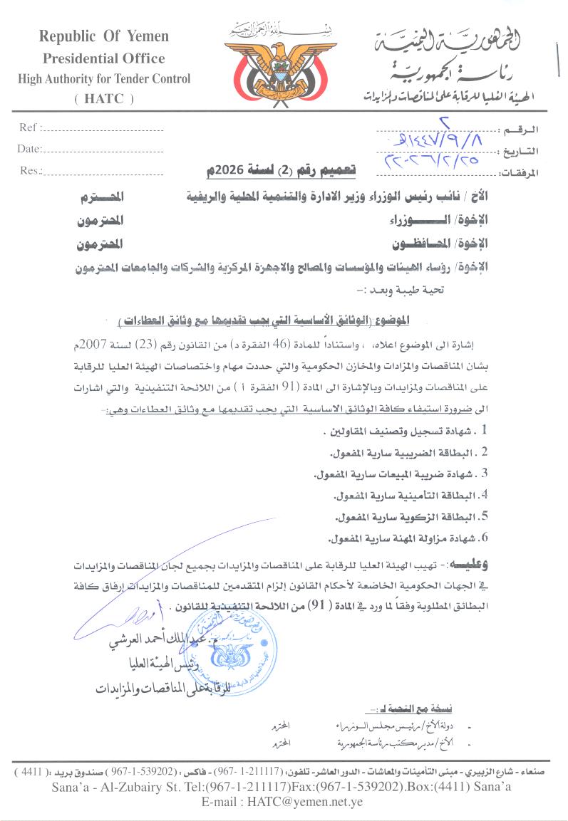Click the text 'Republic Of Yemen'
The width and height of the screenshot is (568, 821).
coord(104,36)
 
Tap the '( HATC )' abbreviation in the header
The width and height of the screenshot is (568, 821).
coord(104,100)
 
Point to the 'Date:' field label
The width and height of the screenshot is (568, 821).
coord(29,149)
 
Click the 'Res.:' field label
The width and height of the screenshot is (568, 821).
coord(29,170)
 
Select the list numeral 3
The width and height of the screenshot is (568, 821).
coord(484,474)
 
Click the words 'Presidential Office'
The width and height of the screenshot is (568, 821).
coord(104,58)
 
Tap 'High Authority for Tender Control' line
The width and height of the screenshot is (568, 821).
coord(104,79)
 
